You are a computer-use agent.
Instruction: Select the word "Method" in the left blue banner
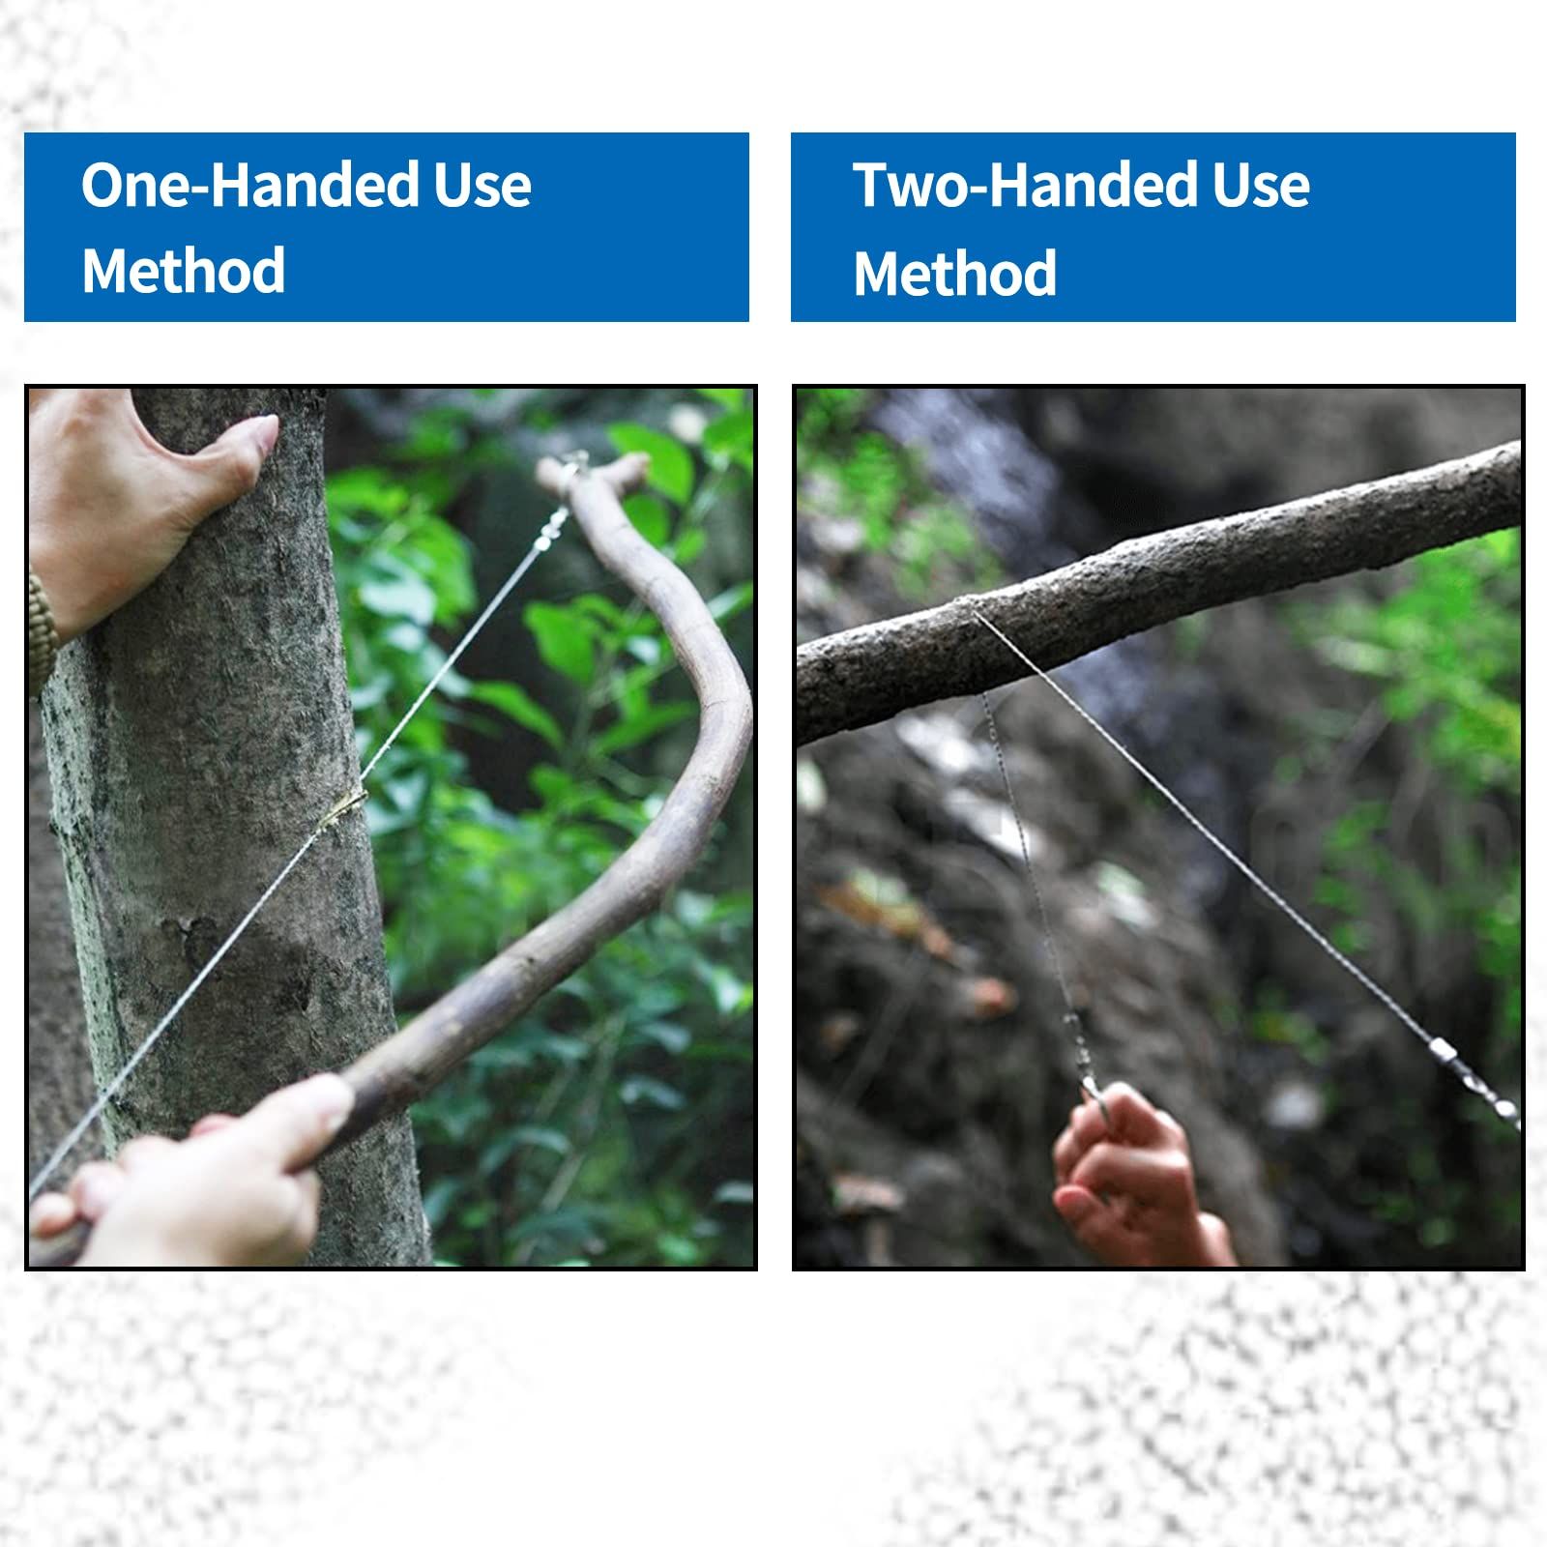coord(184,271)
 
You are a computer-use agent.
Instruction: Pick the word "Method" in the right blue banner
coord(955,273)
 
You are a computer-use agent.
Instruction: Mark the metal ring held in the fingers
coord(1095,1097)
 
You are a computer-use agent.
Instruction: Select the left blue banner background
coord(387,227)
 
